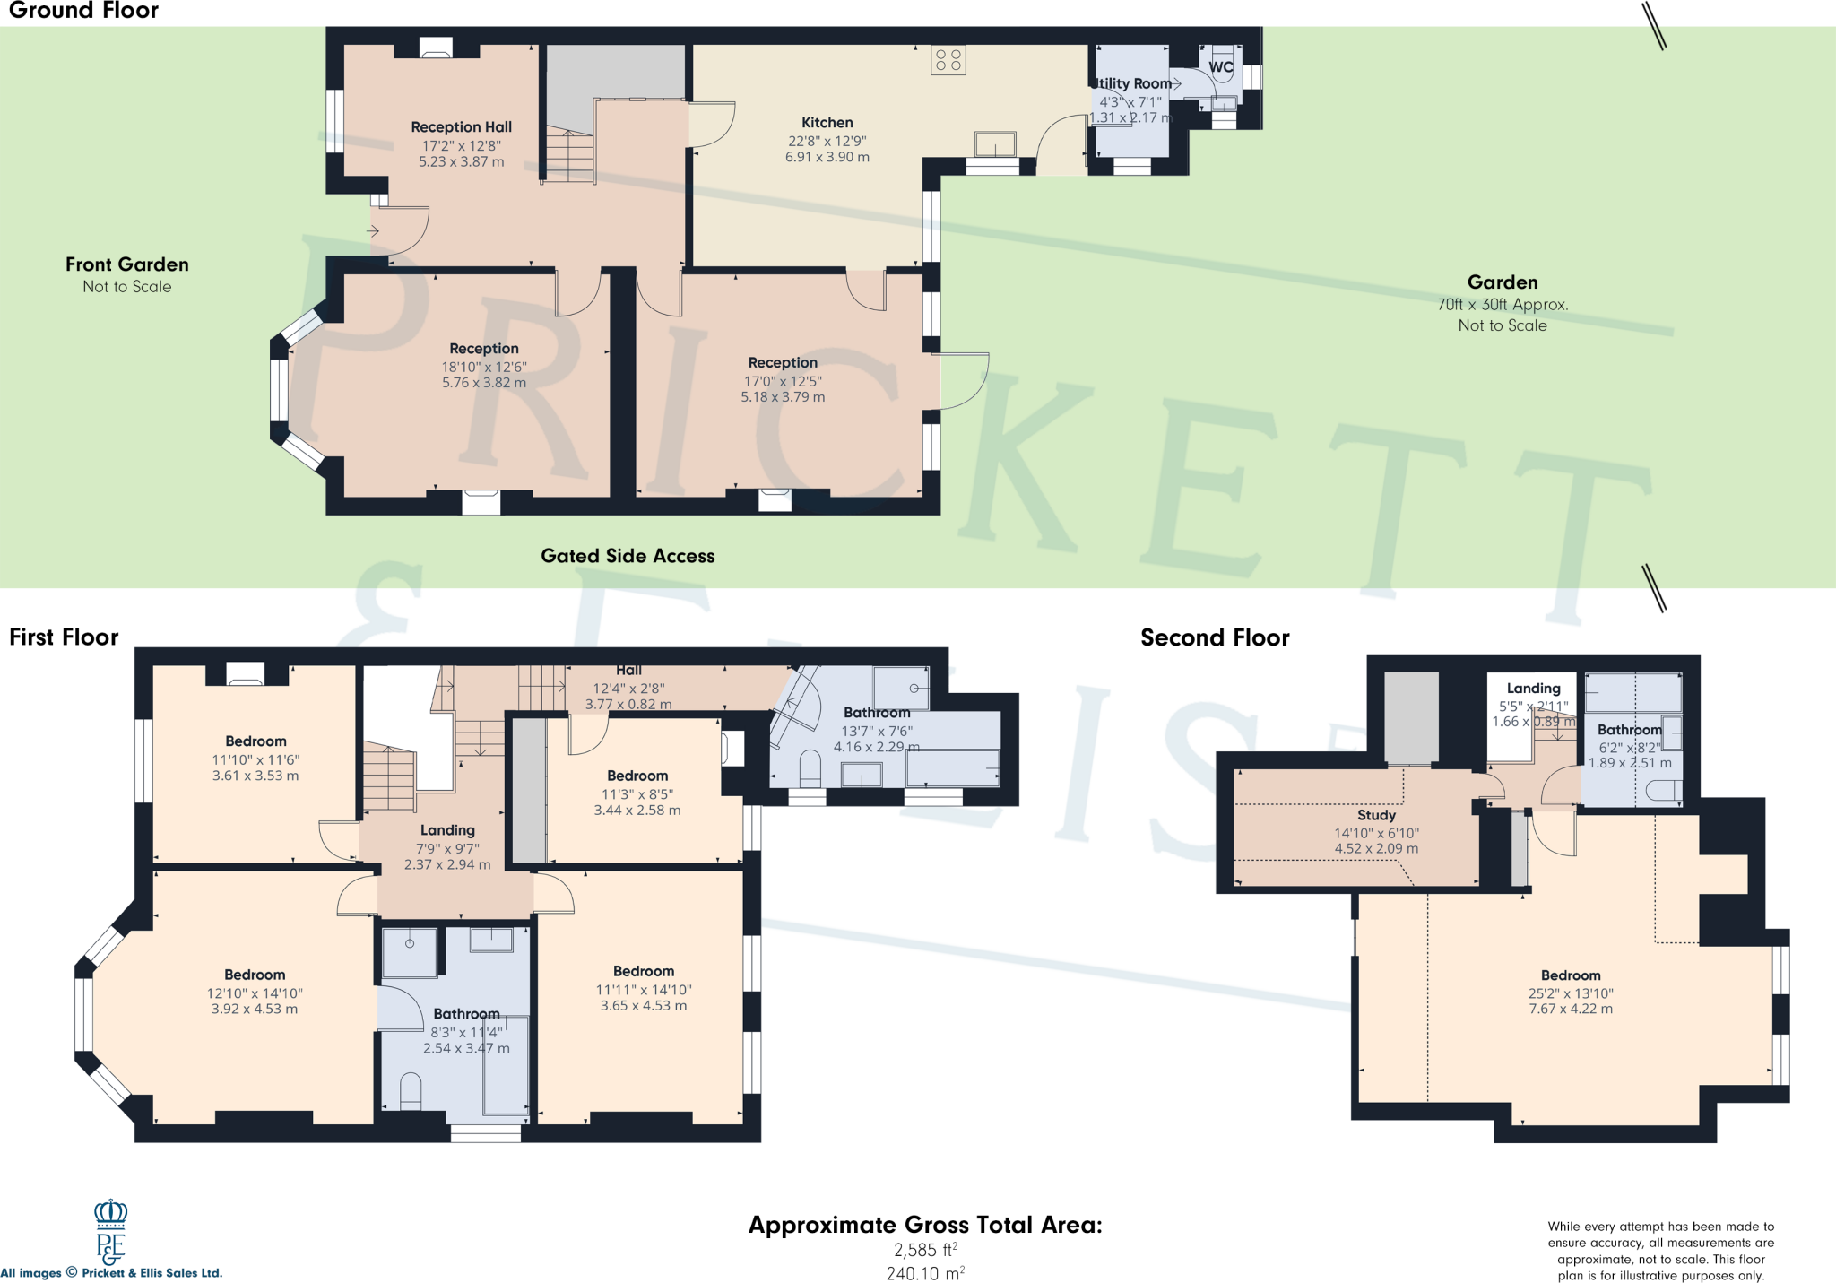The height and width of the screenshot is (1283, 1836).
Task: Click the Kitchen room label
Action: click(827, 123)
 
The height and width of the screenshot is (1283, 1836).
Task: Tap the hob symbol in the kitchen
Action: click(948, 60)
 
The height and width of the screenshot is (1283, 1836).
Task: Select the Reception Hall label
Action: click(461, 127)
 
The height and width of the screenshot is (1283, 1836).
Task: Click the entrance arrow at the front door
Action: click(373, 231)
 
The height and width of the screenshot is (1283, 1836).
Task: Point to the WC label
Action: click(1220, 67)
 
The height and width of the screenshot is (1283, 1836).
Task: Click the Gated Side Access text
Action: click(628, 556)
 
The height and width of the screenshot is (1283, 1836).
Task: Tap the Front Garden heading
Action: click(126, 264)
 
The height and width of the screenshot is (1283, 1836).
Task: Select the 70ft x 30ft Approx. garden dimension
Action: click(1503, 305)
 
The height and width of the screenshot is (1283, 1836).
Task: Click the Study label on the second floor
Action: click(1376, 815)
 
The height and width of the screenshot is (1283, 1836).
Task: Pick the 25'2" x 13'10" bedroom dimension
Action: click(1570, 993)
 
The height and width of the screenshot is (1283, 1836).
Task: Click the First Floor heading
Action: click(64, 637)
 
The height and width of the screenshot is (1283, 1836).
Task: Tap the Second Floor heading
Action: click(1215, 637)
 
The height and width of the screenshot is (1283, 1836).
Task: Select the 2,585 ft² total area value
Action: click(924, 1250)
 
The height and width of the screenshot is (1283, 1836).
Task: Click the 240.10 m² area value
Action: click(924, 1273)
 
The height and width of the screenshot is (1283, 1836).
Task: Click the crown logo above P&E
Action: click(111, 1213)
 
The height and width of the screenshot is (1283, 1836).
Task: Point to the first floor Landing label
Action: click(447, 830)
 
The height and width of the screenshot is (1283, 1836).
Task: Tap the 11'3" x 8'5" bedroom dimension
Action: click(637, 794)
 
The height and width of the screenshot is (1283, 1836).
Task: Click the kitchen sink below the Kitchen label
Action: click(995, 143)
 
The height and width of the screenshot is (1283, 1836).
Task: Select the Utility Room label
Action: click(1133, 83)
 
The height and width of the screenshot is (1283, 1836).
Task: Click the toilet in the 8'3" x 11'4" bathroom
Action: click(411, 1089)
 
